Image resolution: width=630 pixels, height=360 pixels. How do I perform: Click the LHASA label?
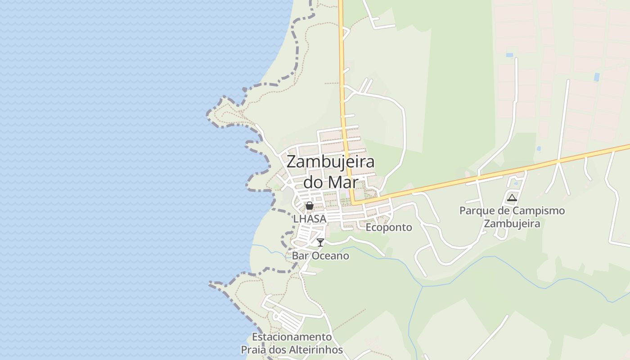309,219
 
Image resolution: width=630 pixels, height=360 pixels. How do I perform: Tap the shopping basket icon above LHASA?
309,206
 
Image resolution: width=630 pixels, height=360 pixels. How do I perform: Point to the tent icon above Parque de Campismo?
512,198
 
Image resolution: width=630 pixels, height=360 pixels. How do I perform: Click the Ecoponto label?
388,228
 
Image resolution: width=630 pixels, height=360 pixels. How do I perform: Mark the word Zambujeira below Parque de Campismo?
512,223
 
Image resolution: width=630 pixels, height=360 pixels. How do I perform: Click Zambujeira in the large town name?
330,162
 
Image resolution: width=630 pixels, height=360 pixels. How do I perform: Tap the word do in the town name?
313,182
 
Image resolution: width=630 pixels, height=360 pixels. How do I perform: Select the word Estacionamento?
292,337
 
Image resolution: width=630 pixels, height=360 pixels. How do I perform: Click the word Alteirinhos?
317,350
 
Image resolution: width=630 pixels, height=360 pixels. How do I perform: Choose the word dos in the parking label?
279,350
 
